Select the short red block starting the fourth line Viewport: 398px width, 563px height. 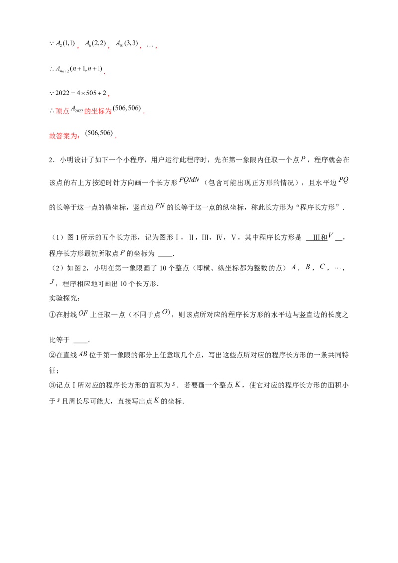pyautogui.click(x=62, y=111)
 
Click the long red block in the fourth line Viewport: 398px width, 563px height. pyautogui.click(x=98, y=111)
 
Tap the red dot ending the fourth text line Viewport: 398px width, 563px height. pyautogui.click(x=144, y=114)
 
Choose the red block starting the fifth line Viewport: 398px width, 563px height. pyautogui.click(x=64, y=135)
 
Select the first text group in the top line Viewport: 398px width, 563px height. pyautogui.click(x=62, y=45)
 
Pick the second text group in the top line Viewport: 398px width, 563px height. pyautogui.click(x=95, y=45)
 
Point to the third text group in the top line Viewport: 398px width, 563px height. pyautogui.click(x=127, y=45)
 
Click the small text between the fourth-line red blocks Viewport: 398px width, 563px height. pyautogui.click(x=76, y=108)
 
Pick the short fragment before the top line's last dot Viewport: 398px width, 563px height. pyautogui.click(x=149, y=47)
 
